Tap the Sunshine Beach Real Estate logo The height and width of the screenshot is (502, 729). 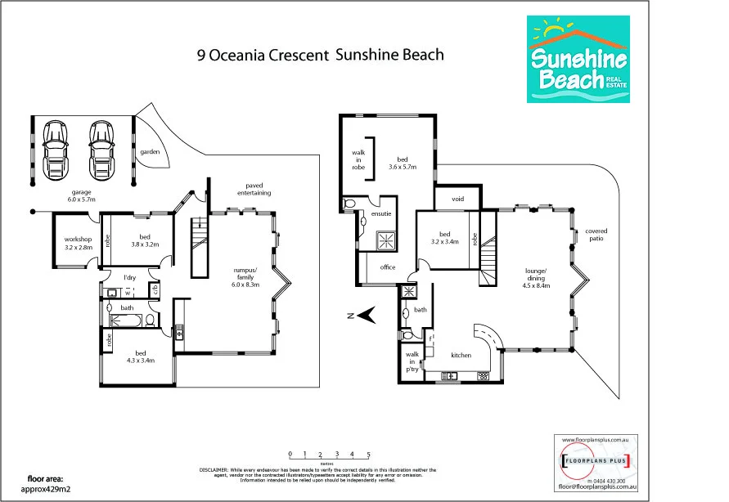tap(578, 61)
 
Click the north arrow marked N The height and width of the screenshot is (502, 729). tap(364, 314)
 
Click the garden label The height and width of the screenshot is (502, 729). tap(149, 152)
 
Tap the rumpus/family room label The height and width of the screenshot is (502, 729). tap(245, 278)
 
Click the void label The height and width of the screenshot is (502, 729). tap(457, 199)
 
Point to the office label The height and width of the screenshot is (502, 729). tap(387, 267)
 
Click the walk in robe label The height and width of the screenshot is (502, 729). tap(358, 159)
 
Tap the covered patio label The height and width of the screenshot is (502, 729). tap(596, 235)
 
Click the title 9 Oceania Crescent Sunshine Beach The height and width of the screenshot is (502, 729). tap(321, 56)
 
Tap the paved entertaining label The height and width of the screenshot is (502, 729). tap(253, 189)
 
